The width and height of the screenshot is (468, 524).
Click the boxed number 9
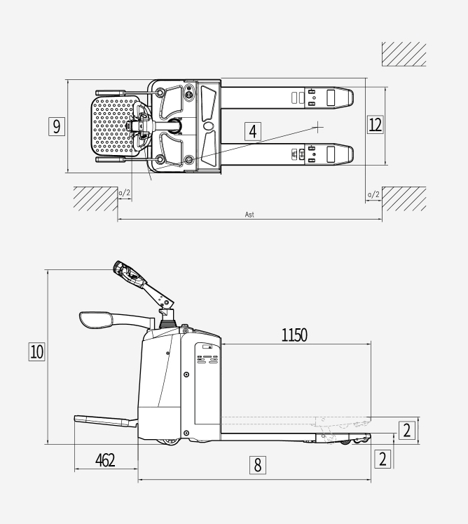pos(57,126)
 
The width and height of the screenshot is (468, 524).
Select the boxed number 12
pos(375,124)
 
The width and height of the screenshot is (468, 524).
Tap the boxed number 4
pos(253,131)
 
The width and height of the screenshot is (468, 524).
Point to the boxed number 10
pos(36,352)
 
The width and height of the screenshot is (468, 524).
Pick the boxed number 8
pos(258,465)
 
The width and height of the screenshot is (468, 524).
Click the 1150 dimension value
pos(294,335)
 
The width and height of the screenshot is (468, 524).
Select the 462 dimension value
pos(105,460)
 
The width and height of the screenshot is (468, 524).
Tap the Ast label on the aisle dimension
pos(249,215)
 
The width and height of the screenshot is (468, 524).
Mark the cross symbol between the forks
pos(319,127)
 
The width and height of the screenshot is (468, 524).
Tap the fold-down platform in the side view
pos(105,421)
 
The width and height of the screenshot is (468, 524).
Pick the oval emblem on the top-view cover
pos(208,126)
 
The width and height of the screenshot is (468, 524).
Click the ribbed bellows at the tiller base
pos(167,323)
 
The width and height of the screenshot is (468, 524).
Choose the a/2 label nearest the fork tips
pos(373,194)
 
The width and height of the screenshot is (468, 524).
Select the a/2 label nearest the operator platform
pos(124,193)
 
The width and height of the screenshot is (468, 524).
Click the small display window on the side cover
pos(207,347)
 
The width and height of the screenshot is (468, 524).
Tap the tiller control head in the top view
pos(142,126)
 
